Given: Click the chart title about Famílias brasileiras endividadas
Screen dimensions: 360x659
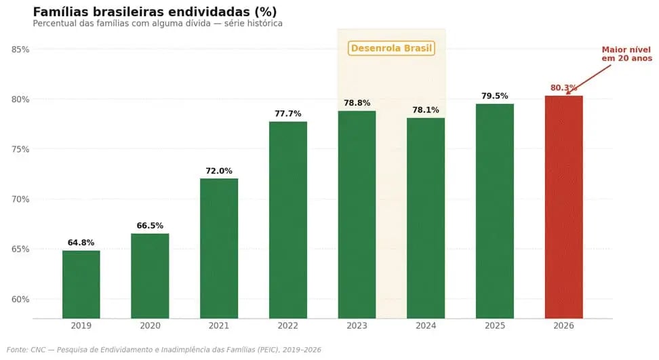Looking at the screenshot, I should (x=155, y=12).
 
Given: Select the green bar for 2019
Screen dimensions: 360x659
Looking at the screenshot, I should (x=81, y=284).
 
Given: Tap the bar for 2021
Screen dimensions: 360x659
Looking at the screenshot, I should (x=219, y=248).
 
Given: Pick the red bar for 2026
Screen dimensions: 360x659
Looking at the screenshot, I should (x=563, y=207).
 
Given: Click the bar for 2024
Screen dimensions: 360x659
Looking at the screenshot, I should (x=426, y=218).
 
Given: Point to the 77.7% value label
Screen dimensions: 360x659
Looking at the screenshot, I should (x=288, y=114).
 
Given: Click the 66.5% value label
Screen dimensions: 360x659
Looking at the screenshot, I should (x=150, y=226).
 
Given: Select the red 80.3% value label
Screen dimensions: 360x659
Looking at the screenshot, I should (x=563, y=88).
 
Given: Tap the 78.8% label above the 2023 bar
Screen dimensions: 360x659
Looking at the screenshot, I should (x=357, y=103).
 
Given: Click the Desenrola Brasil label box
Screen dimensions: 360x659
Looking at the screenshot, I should (x=391, y=48).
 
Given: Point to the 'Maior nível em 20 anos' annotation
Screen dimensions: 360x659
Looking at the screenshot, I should (x=626, y=54).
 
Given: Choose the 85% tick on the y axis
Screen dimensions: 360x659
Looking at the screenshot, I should (x=20, y=49).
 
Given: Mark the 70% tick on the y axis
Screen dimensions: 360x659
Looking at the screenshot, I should (x=20, y=199).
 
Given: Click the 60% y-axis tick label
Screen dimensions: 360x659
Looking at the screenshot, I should (x=20, y=299).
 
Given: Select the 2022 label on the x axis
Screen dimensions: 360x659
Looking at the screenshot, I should (x=288, y=326).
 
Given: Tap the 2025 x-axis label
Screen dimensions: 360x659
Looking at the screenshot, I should (x=495, y=326).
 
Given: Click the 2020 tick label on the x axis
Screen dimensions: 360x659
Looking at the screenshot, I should (x=150, y=326).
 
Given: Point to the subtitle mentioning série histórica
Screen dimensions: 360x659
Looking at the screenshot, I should (x=157, y=24).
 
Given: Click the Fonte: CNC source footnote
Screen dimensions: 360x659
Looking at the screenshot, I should (x=163, y=350).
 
